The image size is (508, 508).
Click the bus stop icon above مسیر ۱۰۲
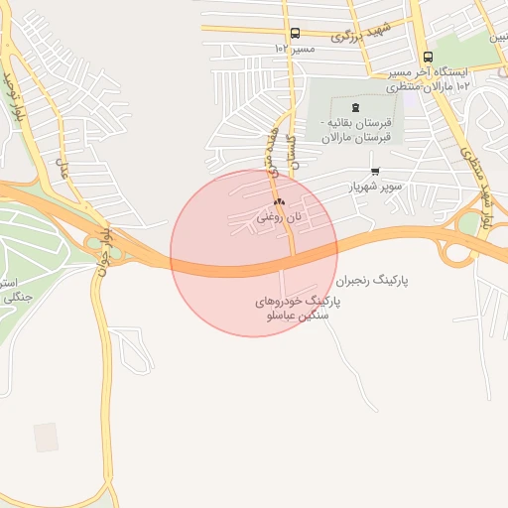295,34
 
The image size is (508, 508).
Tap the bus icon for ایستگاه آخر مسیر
428,57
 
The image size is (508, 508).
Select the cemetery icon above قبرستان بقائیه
356,107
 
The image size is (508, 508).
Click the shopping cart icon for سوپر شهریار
374,170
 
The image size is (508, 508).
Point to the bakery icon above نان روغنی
278,201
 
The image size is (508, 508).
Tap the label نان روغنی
277,215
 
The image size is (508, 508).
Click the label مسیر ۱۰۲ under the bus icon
295,48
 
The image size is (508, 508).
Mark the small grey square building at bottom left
46,437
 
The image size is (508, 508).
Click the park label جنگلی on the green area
17,296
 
